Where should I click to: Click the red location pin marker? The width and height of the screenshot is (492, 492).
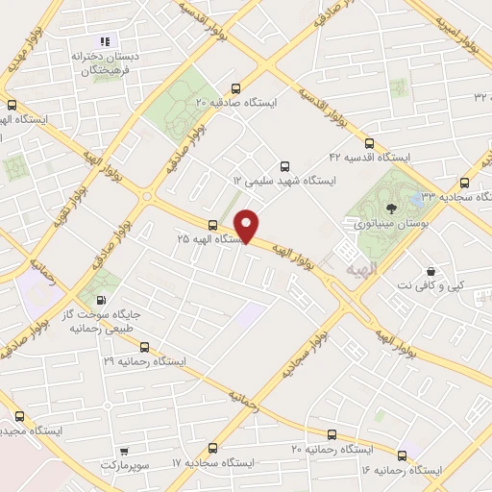coord(248,225)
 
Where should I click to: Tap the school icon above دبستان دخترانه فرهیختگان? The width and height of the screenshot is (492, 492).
coord(106,41)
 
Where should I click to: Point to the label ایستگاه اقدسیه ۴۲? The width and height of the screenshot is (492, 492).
coord(369,157)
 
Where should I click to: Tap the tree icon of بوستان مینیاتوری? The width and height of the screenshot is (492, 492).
coord(390,207)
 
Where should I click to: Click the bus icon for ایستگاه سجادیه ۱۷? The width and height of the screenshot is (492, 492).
coord(212,448)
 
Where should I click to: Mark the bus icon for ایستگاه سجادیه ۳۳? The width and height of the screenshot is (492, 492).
coord(465,182)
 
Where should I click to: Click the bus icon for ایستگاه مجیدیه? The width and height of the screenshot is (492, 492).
coord(20,417)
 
